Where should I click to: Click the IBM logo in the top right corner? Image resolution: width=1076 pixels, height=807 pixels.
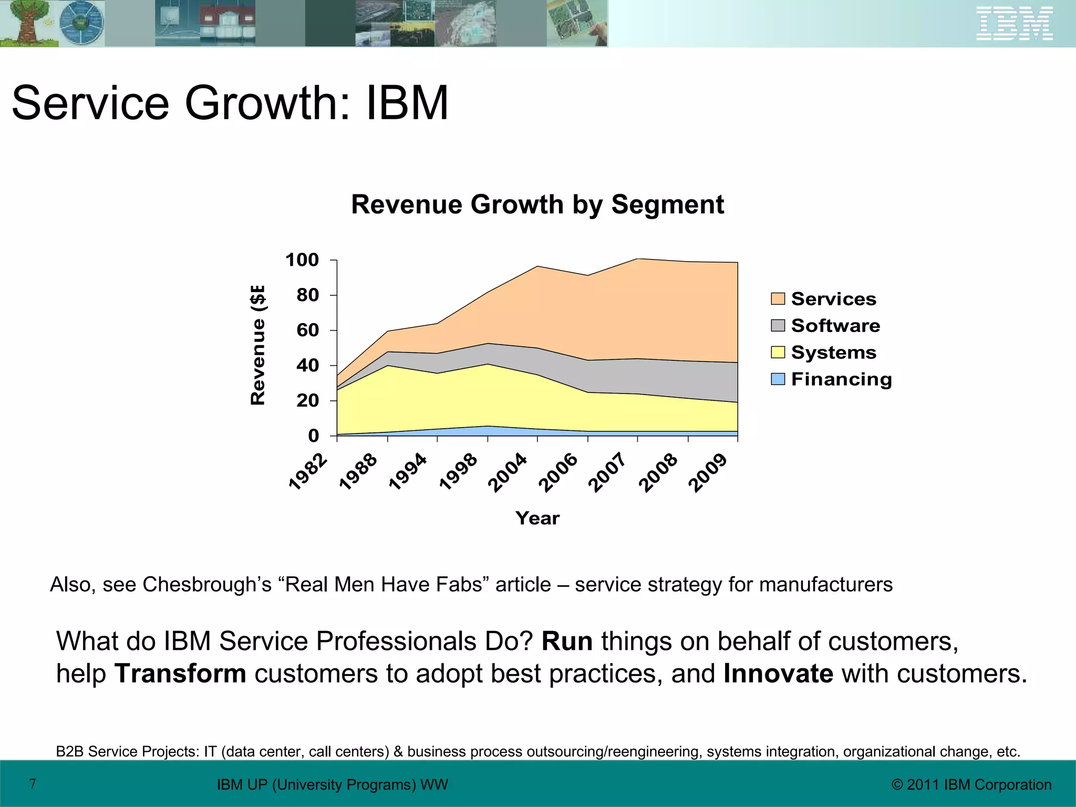[x=1014, y=24]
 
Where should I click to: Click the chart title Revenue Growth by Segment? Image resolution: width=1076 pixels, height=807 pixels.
[x=537, y=204]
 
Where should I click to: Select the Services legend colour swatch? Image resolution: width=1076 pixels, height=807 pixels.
[x=778, y=299]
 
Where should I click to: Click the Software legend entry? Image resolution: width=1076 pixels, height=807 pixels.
[x=835, y=326]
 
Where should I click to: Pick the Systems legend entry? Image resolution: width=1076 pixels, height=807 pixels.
[x=833, y=353]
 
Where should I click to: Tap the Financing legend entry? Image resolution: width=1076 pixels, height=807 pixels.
[x=841, y=379]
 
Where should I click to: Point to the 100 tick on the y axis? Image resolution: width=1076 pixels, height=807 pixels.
[x=302, y=260]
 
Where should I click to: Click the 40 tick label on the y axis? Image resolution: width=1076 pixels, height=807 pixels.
[x=307, y=365]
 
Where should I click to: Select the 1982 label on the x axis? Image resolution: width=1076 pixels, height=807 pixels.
[x=308, y=471]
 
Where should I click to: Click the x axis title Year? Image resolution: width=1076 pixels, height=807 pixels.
[x=537, y=518]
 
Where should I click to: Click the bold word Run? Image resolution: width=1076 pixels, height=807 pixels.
[x=567, y=642]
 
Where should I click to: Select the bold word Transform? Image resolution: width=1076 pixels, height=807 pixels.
[x=180, y=674]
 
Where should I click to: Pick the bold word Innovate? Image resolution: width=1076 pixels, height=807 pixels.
[x=778, y=674]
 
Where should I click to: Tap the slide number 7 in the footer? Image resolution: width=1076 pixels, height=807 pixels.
[x=33, y=784]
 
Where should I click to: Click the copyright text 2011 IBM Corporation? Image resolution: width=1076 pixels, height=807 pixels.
[x=971, y=784]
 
